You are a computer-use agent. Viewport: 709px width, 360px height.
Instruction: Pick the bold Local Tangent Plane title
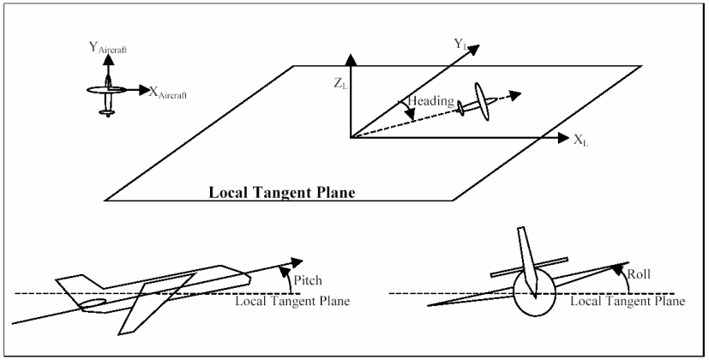click(x=282, y=192)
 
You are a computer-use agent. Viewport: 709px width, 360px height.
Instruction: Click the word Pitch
click(x=308, y=279)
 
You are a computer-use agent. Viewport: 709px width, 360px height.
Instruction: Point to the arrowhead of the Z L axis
click(x=349, y=57)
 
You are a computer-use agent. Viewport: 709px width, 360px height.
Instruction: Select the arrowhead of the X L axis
click(x=562, y=137)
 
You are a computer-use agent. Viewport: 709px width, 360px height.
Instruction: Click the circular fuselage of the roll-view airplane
click(x=534, y=295)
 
